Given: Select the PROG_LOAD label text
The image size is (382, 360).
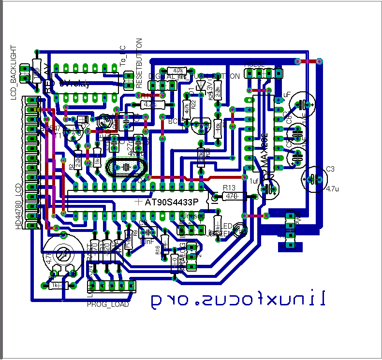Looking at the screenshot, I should click(x=108, y=304).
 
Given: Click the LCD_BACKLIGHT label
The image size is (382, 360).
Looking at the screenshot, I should click(x=14, y=72).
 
